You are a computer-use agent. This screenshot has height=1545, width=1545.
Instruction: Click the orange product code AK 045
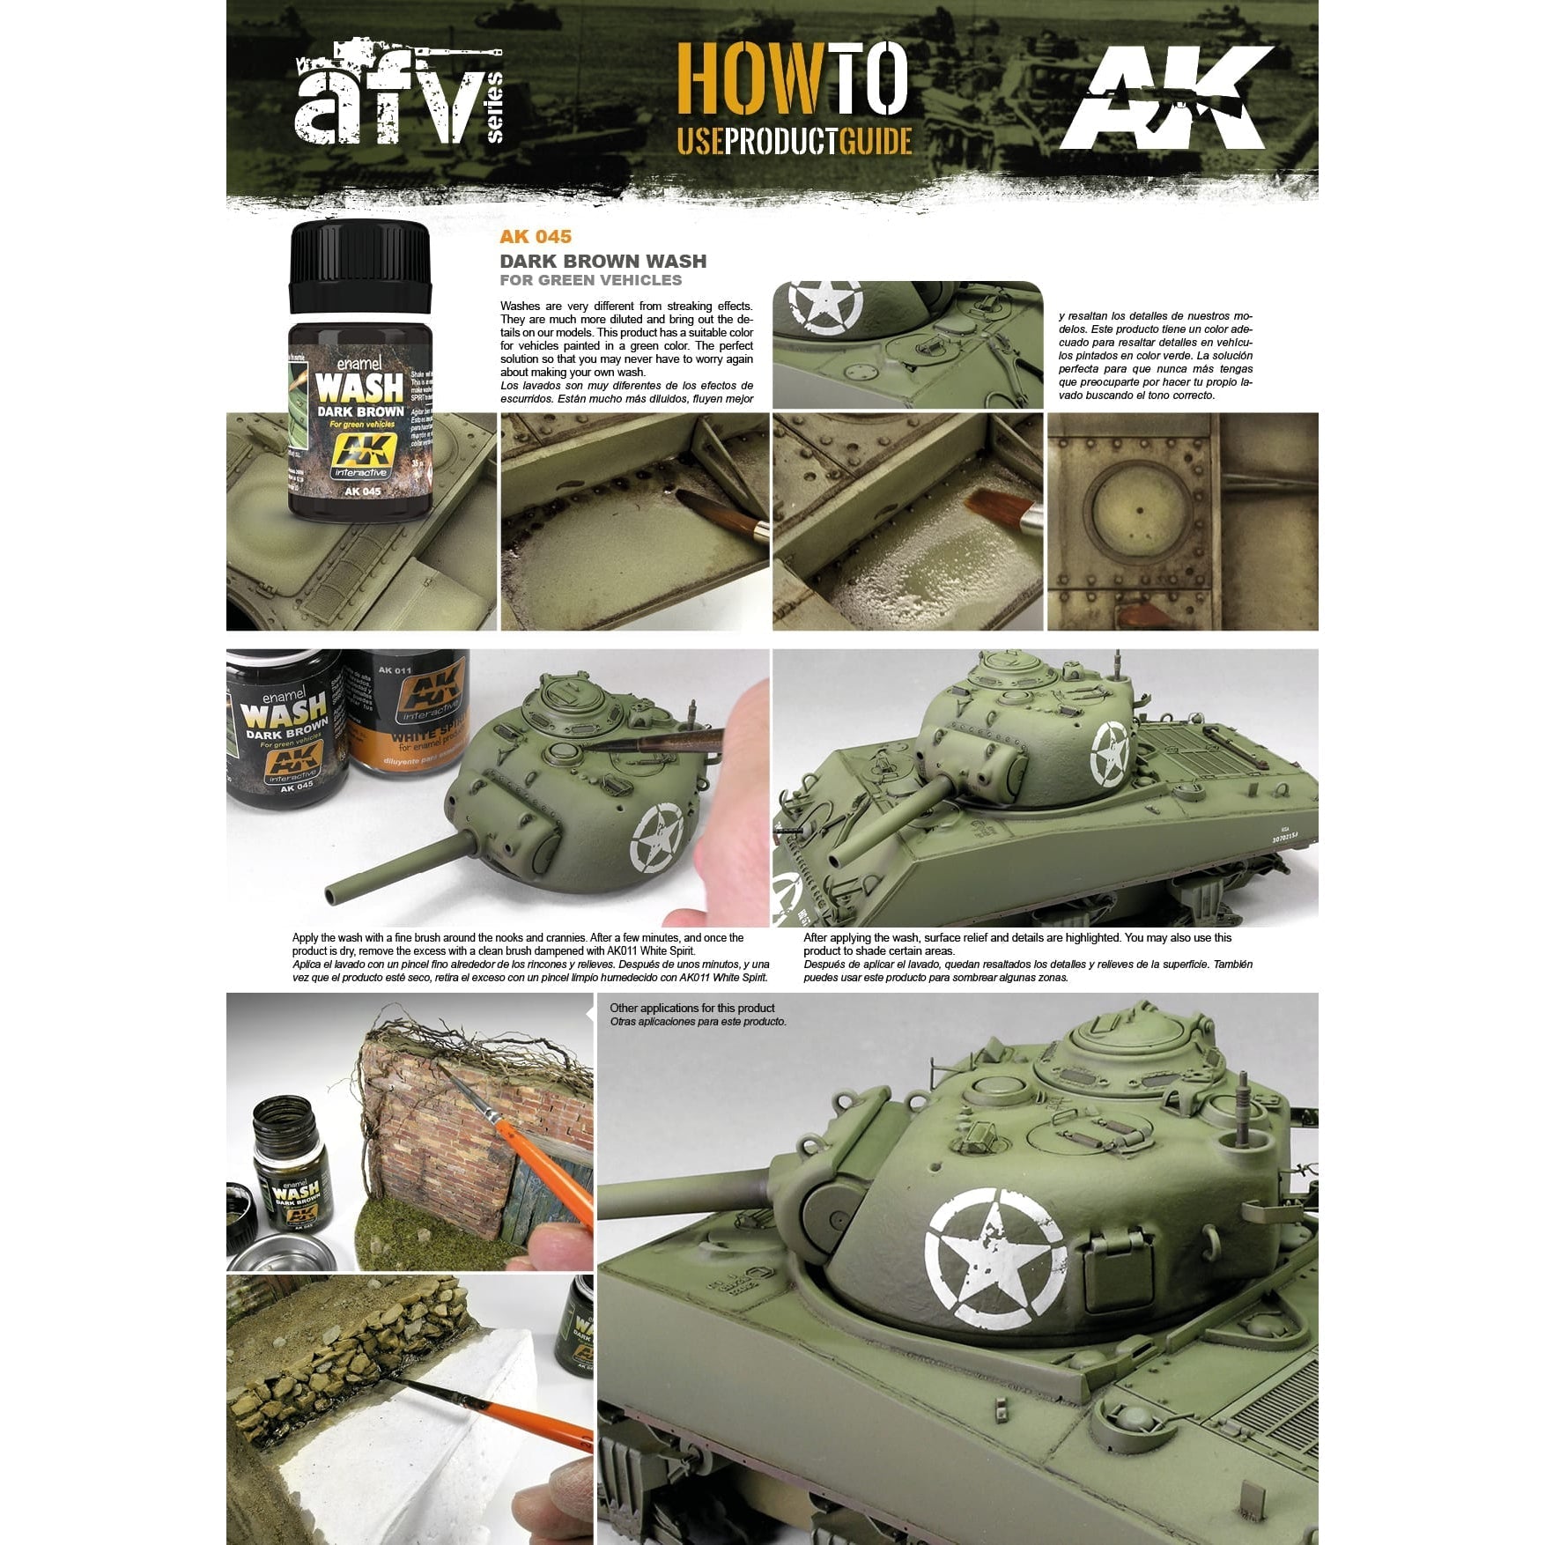pos(535,236)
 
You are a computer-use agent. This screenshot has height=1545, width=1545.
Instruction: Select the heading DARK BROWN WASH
pos(602,261)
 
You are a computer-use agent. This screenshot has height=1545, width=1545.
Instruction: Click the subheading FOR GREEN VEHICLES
pos(590,280)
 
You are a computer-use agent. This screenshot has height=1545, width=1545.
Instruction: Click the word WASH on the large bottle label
pos(359,387)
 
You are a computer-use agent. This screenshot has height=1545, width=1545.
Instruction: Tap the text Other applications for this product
pos(691,1008)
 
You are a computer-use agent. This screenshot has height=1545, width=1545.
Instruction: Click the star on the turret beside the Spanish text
pos(824,305)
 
